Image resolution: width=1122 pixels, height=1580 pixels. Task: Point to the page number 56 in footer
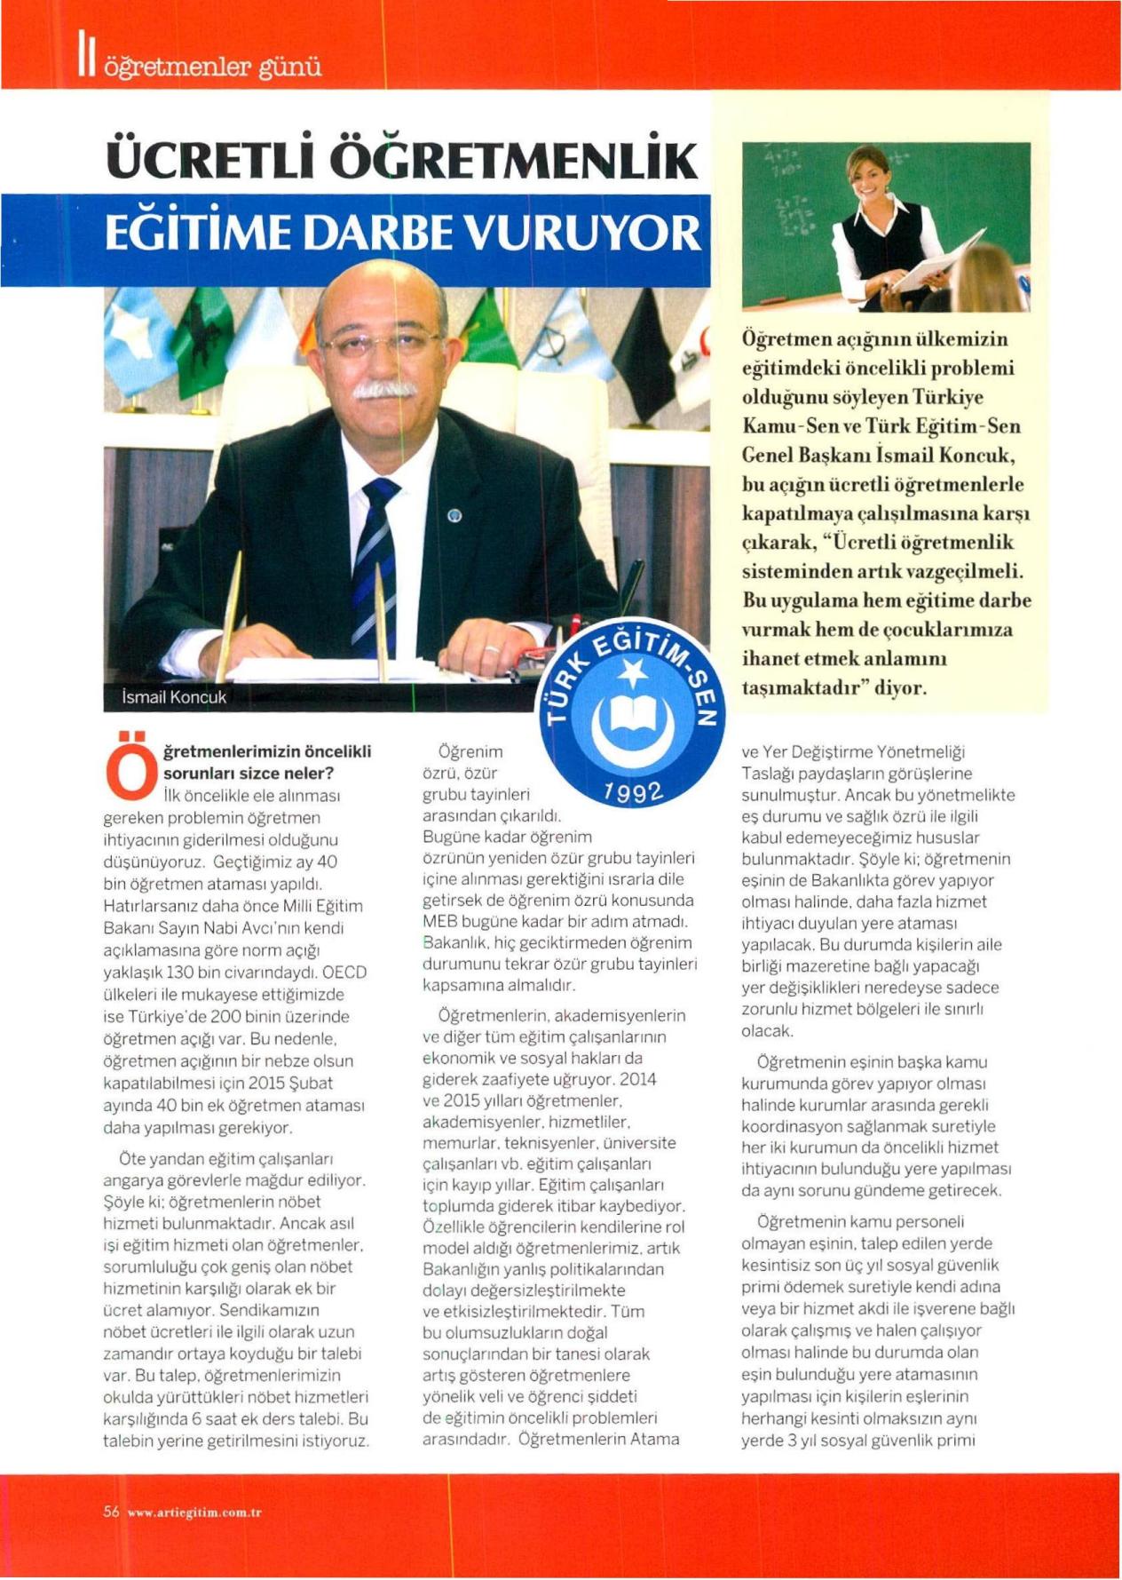point(111,1512)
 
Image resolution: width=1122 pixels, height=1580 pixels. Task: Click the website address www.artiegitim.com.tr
point(194,1513)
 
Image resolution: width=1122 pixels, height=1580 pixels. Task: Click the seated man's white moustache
point(383,389)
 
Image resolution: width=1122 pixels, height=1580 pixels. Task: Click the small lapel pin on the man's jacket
point(454,516)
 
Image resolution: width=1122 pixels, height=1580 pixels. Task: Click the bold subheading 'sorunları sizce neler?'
point(249,773)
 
